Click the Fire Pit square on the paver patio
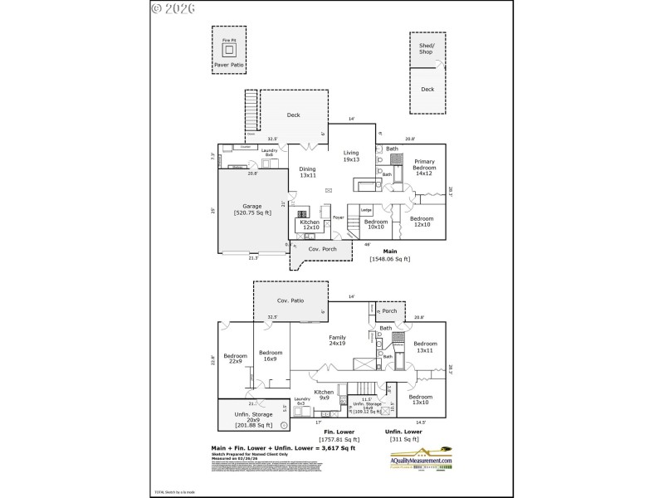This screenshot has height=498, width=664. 228,49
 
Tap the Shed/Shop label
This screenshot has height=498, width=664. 426,49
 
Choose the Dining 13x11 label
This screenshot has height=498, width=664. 308,172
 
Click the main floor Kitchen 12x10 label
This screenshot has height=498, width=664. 310,224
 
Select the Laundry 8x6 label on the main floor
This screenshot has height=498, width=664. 269,152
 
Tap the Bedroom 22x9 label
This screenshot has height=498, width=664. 235,358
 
